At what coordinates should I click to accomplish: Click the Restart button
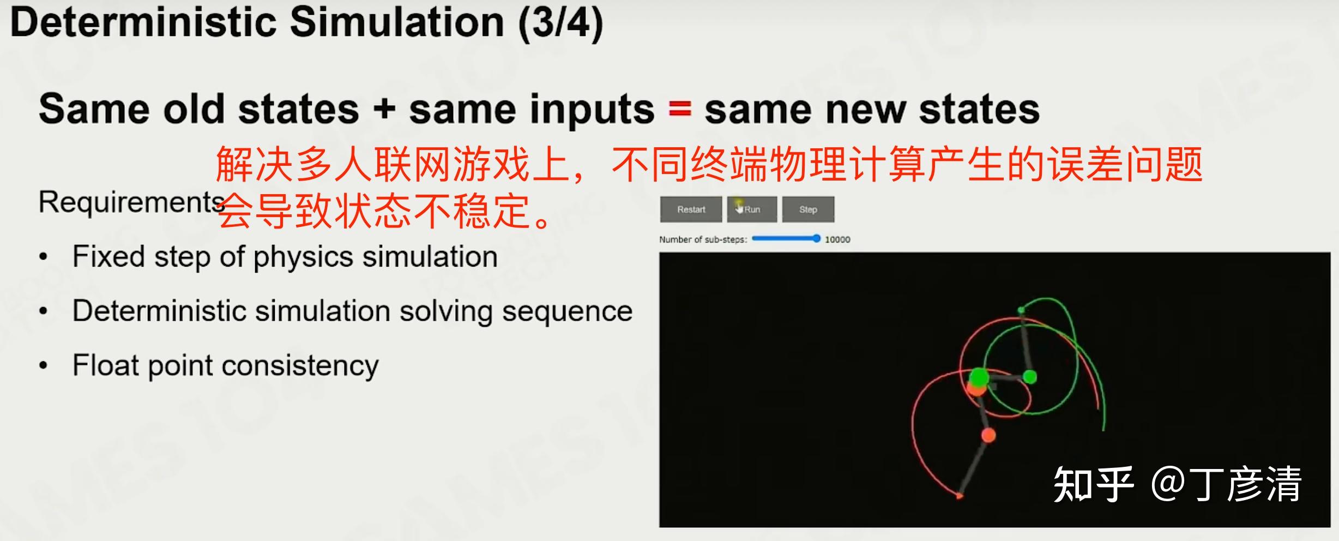[x=691, y=209]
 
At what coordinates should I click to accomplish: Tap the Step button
[x=808, y=209]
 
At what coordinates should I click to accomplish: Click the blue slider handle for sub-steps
[x=816, y=238]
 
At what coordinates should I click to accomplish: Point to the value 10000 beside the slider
[x=837, y=239]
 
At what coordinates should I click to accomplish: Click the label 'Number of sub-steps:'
[x=703, y=239]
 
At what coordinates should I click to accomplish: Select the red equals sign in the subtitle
[x=680, y=109]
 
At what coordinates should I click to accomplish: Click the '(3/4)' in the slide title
[x=560, y=23]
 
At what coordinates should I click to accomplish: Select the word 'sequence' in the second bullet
[x=567, y=312]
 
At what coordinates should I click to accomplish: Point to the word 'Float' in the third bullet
[x=106, y=365]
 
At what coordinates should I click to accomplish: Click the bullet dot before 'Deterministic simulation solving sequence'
[x=44, y=311]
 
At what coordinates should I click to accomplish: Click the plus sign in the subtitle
[x=384, y=109]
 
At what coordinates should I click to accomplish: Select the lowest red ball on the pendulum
[x=988, y=435]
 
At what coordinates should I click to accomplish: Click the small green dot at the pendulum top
[x=1021, y=310]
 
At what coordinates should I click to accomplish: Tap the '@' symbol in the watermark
[x=1168, y=484]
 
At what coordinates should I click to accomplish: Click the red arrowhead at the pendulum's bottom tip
[x=959, y=495]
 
